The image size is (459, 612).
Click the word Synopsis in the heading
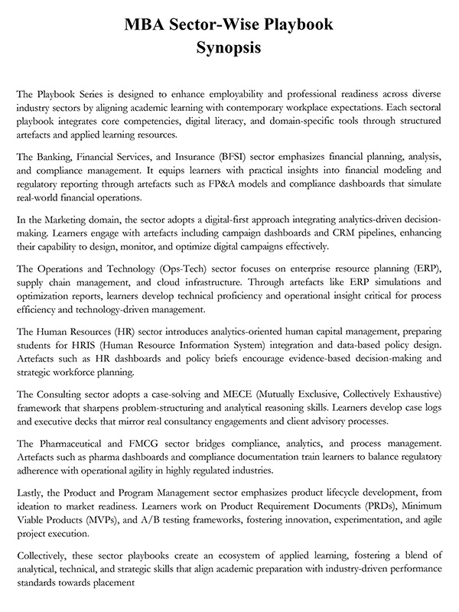[229, 49]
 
